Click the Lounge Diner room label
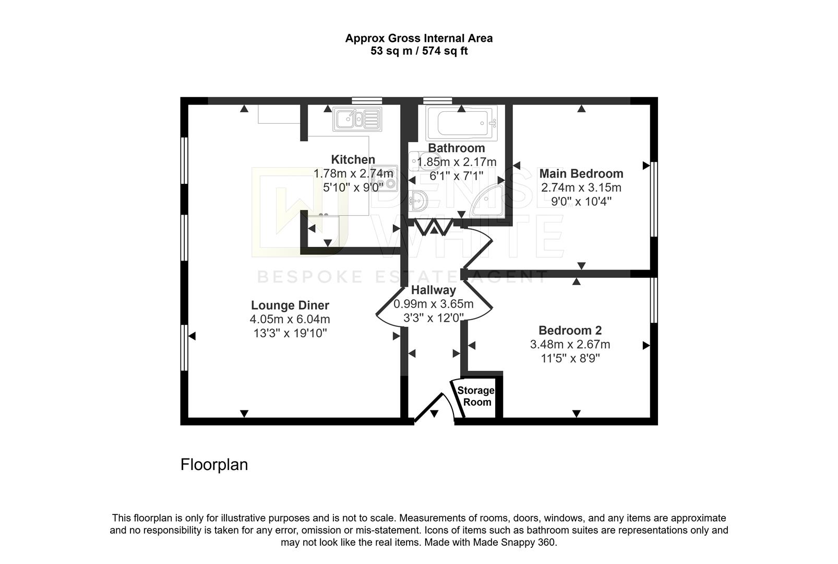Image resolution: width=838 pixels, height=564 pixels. coord(290,305)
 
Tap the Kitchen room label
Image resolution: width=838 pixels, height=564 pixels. coord(353,159)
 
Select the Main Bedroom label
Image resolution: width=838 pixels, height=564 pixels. coord(581,173)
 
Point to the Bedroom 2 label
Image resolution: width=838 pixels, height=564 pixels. coord(570,331)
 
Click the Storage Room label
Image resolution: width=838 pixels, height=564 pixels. coord(476,396)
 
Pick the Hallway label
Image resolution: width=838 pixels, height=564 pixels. coord(433,290)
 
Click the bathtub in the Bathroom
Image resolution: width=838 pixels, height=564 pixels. coord(461,123)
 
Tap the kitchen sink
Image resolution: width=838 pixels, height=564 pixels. coord(357,119)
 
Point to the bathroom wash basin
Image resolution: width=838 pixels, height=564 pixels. coord(418,201)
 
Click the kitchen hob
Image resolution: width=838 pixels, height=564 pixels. coord(384,178)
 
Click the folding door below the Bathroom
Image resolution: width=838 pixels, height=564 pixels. coord(434,227)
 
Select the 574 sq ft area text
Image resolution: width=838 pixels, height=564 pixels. coord(445,51)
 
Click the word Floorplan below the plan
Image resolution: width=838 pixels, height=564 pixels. coord(214,464)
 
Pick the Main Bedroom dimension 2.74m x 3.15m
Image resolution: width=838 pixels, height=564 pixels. coord(581,187)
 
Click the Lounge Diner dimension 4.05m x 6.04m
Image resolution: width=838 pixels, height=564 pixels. coord(290,319)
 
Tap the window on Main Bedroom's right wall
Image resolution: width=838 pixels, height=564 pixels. coord(654,199)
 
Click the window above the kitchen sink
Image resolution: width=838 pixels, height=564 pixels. coord(367,100)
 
